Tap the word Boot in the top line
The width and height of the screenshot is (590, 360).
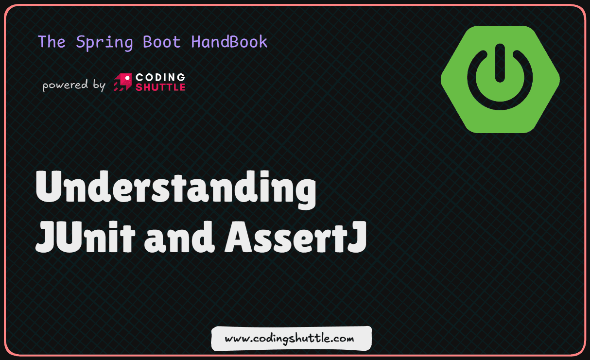coord(161,42)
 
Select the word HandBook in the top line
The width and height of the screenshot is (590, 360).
coord(229,42)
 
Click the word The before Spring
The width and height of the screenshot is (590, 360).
coord(52,42)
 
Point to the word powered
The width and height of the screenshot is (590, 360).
coord(64,86)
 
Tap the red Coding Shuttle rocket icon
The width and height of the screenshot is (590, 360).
coord(122,83)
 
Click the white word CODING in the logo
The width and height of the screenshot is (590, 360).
coord(160,77)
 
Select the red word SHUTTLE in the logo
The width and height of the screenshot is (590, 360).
coord(160,87)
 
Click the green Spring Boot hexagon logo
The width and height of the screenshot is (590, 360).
coord(500,79)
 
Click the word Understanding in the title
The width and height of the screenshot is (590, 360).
coord(176,190)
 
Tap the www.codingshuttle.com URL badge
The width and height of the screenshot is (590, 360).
coord(291,338)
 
